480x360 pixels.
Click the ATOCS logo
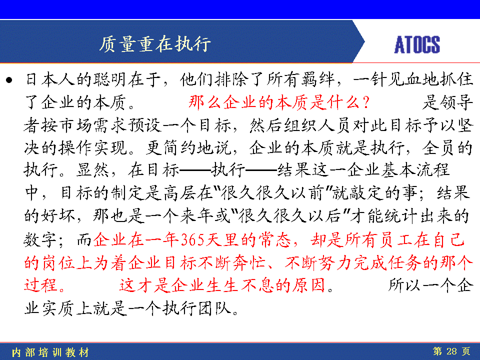tap(417, 44)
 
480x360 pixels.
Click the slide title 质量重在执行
tap(155, 44)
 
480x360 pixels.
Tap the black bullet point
tap(9, 80)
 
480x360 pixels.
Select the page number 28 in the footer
tap(451, 351)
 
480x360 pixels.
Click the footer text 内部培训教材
tap(50, 352)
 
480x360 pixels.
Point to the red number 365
tap(192, 239)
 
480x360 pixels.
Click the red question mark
tap(365, 102)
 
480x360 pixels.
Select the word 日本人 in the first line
tap(50, 79)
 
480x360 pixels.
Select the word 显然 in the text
tap(92, 170)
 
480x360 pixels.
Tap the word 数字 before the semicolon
tap(40, 239)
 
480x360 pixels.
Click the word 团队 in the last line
tap(214, 308)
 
